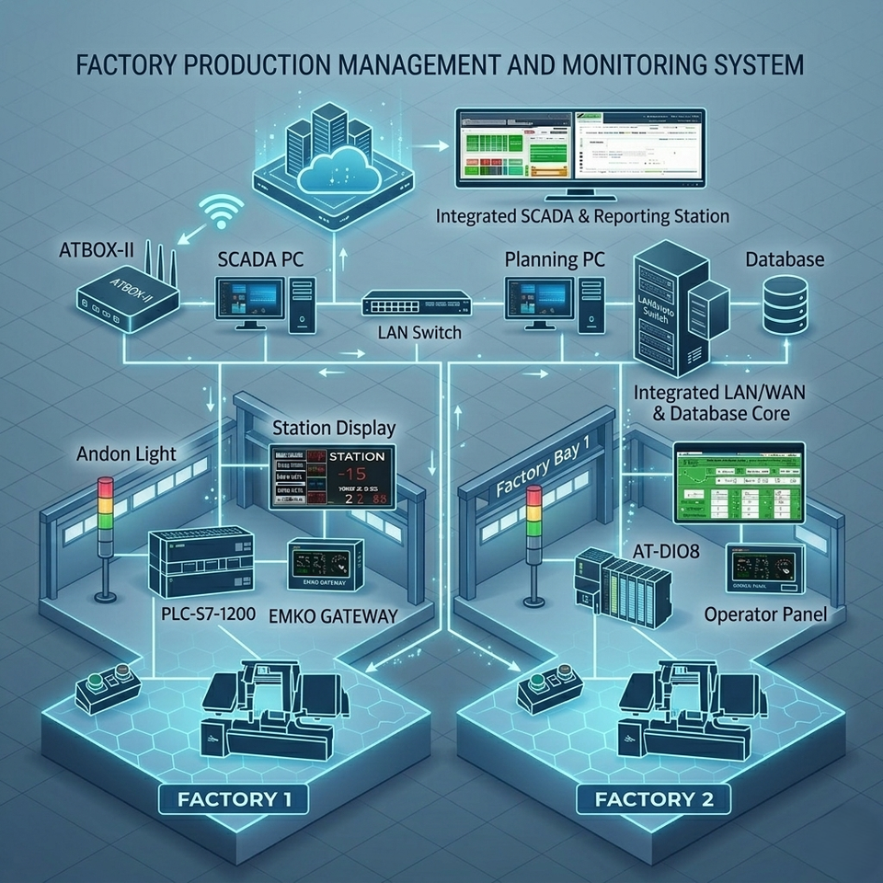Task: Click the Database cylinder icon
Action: pyautogui.click(x=785, y=305)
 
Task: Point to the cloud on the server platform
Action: pyautogui.click(x=335, y=170)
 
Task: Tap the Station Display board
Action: pyautogui.click(x=331, y=477)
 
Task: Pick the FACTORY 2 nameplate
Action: pyautogui.click(x=654, y=797)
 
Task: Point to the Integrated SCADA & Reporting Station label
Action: pyautogui.click(x=582, y=217)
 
